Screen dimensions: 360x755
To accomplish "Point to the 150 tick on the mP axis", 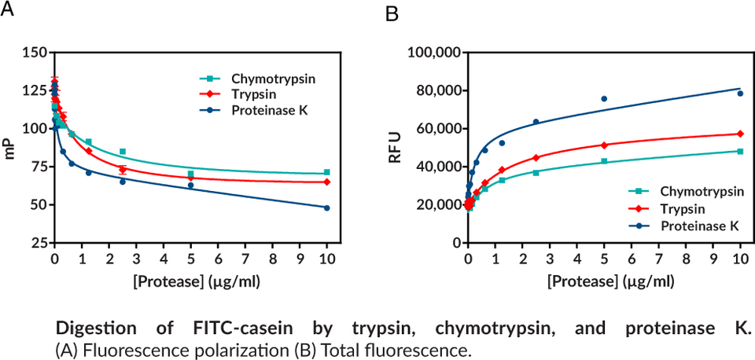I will (34, 53).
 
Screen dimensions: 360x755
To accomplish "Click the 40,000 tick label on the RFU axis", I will (437, 167).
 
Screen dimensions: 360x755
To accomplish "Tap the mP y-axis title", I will (11, 148).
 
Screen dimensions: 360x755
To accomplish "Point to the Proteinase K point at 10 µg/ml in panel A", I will (326, 208).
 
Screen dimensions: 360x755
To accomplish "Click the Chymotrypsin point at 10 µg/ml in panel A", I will (326, 172).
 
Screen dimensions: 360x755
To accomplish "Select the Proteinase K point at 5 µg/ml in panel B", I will (604, 98).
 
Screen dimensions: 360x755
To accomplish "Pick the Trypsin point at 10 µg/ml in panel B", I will (740, 134).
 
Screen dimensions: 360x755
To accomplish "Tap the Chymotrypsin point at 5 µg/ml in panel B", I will (604, 161).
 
